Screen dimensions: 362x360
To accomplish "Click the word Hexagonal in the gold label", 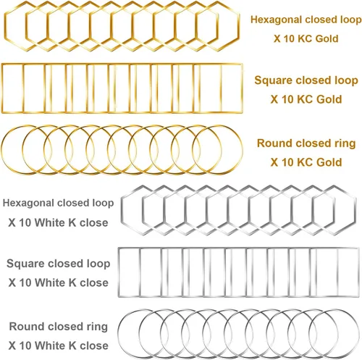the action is pos(272,20).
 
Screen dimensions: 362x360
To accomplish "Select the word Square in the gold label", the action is pos(273,80).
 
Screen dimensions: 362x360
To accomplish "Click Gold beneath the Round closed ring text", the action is pos(329,162).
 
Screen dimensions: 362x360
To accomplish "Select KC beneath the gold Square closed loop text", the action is pos(305,99).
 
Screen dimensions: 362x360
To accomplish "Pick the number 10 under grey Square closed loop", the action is pos(25,282).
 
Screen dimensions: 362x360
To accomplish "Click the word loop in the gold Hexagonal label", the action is pos(351,20).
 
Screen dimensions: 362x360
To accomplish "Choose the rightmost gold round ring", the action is pos(243,150).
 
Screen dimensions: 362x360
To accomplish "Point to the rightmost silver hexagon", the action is pos(356,210).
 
